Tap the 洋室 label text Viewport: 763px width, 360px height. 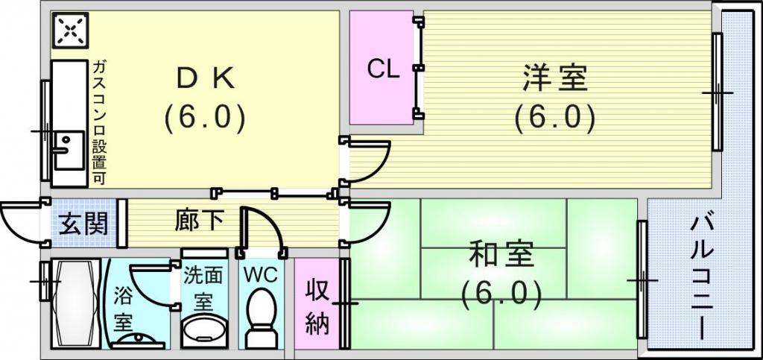[554, 78]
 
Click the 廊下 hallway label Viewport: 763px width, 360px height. [198, 221]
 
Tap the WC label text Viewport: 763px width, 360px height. [260, 274]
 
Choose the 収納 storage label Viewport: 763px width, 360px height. [317, 306]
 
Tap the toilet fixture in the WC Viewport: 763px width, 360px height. [261, 317]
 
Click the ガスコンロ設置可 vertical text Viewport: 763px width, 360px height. [98, 123]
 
